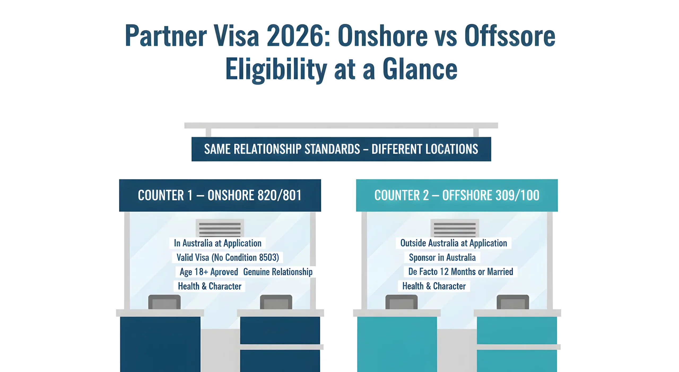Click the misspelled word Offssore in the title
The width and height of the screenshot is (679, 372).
510,36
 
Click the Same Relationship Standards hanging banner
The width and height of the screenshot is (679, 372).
341,149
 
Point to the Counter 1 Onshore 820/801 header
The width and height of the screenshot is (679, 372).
220,195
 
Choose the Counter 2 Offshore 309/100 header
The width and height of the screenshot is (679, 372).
457,195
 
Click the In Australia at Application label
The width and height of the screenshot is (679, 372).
217,243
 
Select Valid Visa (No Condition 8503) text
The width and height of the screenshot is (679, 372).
228,257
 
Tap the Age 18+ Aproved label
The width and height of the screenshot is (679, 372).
209,272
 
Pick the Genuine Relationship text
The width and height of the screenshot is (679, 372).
278,272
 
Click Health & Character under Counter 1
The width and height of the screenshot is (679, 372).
210,286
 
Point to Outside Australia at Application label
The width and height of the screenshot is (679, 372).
454,243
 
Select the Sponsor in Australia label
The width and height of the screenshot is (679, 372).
442,257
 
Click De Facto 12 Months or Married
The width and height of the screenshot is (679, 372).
461,272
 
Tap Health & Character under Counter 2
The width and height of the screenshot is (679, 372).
434,286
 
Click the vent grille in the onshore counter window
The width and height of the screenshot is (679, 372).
220,228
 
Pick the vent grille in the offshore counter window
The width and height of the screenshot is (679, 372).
455,228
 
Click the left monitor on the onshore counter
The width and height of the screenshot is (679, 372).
164,302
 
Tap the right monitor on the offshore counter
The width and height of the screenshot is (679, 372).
513,302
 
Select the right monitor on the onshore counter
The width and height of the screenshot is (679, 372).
276,302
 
